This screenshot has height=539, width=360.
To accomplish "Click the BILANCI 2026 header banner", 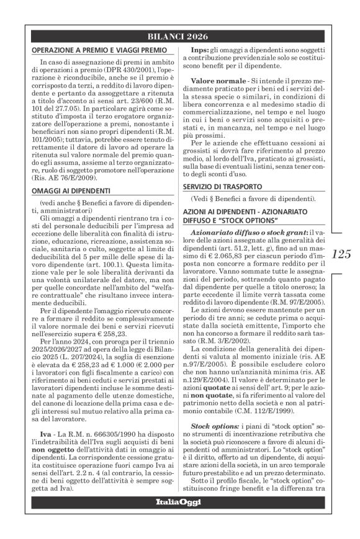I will [x=180, y=35].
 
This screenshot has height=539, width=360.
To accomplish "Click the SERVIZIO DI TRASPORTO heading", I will [x=230, y=187].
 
